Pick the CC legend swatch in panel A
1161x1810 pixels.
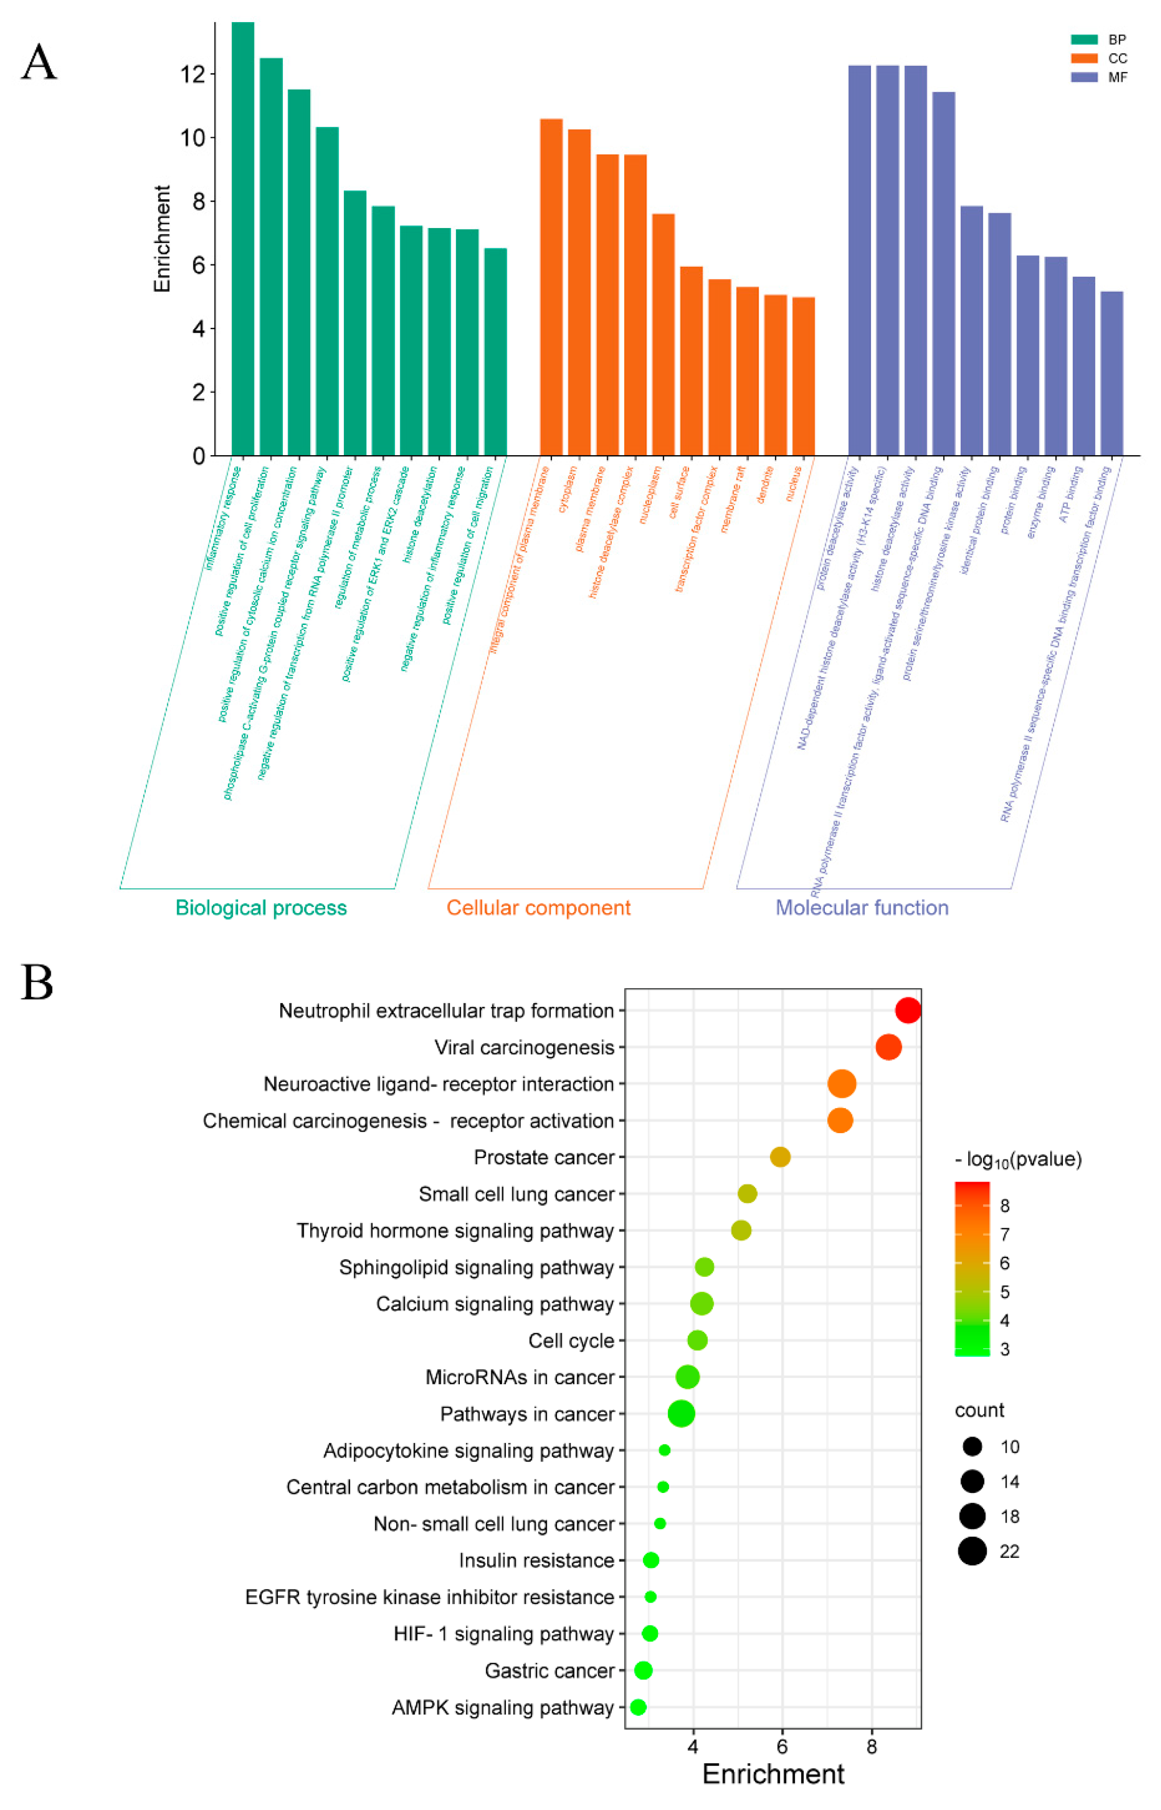click(x=1084, y=58)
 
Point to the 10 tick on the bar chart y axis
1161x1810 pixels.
click(x=194, y=138)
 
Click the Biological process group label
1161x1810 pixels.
click(x=261, y=907)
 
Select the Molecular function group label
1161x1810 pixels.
click(x=862, y=907)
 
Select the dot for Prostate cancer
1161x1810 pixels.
click(x=780, y=1157)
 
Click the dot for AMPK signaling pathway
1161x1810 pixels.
click(x=638, y=1708)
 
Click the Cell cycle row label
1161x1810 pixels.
click(x=571, y=1341)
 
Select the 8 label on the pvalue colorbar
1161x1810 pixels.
click(x=1004, y=1206)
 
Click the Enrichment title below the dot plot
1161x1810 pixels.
click(x=773, y=1774)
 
